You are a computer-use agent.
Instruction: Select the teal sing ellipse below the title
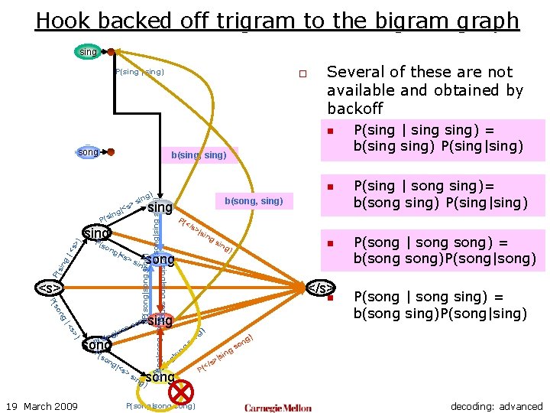coord(89,52)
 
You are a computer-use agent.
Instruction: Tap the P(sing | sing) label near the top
coord(140,72)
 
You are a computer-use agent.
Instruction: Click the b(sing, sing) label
coord(199,155)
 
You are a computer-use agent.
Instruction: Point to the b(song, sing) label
coord(254,201)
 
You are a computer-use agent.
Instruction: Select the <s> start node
coord(50,288)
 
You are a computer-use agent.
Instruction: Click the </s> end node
coord(321,288)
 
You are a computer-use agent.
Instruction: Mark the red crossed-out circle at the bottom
coord(181,391)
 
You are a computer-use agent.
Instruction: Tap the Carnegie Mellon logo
coord(278,407)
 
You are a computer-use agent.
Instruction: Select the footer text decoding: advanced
coord(496,406)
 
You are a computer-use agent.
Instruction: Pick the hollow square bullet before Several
coord(302,74)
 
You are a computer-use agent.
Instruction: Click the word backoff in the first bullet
coord(354,109)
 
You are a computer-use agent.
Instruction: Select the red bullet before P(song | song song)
coord(331,244)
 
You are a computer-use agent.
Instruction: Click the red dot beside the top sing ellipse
coord(111,52)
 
